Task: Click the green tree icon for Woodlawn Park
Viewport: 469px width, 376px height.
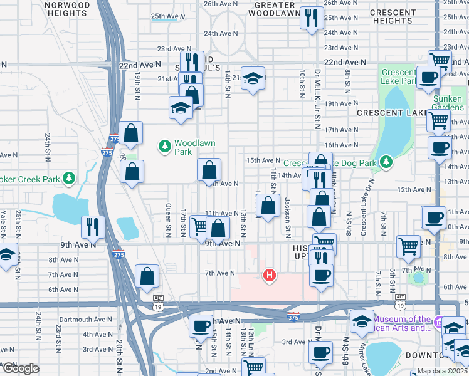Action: tap(165, 147)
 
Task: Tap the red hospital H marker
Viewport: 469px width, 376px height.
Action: tap(270, 274)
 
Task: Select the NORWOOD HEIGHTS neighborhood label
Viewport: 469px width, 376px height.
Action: tap(67, 9)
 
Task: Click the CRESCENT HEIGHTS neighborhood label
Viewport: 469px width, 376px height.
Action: tap(393, 16)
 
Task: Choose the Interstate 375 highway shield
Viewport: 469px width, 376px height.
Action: tap(293, 316)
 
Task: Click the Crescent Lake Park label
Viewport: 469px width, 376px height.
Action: tap(398, 76)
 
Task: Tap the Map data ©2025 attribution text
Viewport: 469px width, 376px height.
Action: tap(443, 371)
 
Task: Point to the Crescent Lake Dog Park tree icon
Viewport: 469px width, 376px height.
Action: tap(386, 163)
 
